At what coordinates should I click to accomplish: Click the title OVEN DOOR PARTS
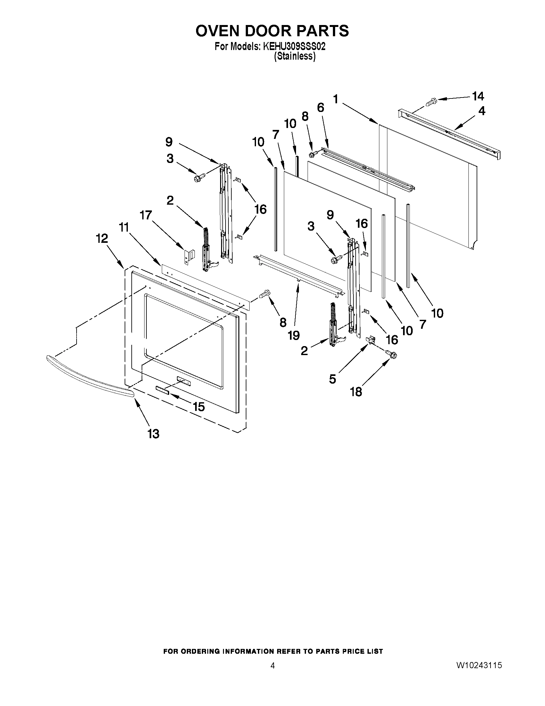coord(272,31)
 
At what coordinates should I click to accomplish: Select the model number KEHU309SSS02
coord(294,47)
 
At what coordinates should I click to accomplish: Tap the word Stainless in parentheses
coord(294,56)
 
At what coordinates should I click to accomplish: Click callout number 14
coord(478,96)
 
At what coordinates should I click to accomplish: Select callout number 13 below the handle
coord(154,434)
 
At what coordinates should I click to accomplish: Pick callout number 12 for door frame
coord(102,239)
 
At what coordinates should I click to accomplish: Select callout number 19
coord(293,336)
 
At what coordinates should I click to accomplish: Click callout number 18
coord(356,392)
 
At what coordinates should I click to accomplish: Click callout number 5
coord(333,379)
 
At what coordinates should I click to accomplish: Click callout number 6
coord(320,107)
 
